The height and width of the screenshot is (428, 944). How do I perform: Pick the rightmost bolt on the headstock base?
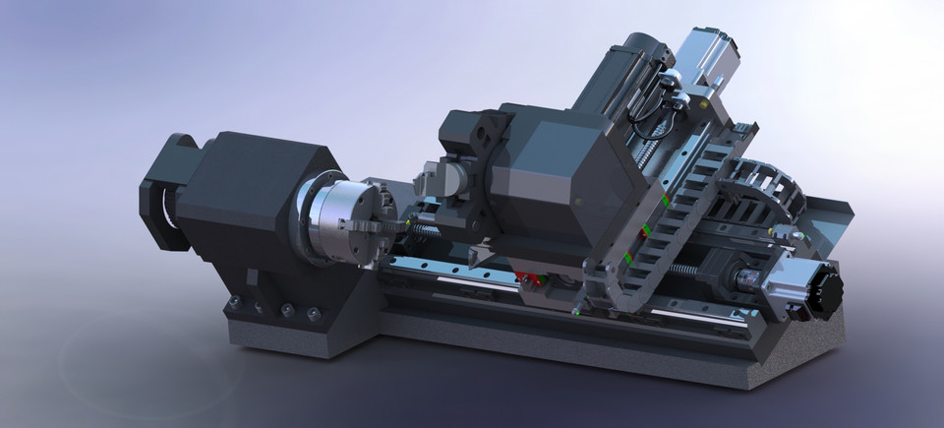pos(314,314)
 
